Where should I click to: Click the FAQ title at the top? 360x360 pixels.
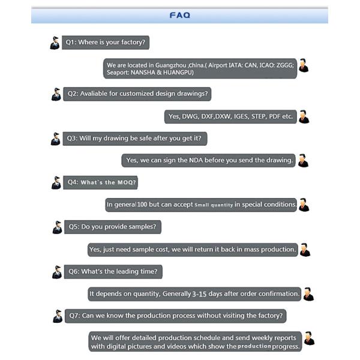click(179, 15)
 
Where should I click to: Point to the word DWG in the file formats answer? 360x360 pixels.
click(190, 116)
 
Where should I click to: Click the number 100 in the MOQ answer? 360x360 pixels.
click(142, 205)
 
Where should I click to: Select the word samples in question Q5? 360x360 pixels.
click(143, 227)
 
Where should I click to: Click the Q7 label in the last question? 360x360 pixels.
click(74, 315)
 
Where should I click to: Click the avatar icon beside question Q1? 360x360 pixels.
click(55, 43)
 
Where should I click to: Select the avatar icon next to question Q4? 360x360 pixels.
click(56, 182)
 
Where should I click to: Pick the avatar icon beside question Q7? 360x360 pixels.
click(57, 316)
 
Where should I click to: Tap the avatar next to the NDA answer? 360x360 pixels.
click(303, 160)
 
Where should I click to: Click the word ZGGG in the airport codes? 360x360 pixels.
click(282, 65)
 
